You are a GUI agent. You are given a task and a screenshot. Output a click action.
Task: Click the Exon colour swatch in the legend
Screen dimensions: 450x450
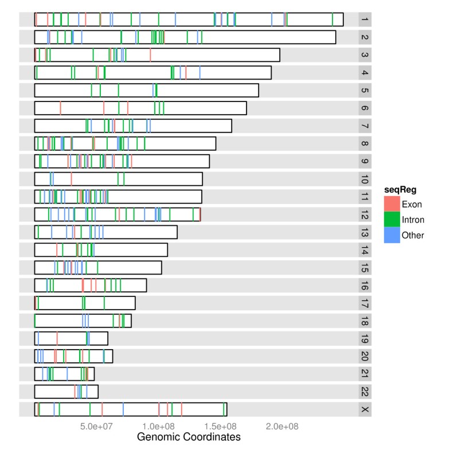coord(392,204)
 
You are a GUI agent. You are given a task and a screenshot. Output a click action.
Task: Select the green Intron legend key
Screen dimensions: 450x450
coord(392,219)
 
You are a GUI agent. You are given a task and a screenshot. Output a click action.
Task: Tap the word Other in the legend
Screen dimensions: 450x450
coord(412,234)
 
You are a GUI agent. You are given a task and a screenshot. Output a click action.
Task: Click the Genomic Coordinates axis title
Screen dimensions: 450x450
coord(189,437)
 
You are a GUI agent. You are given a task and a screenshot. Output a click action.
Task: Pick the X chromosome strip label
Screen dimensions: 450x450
coord(365,409)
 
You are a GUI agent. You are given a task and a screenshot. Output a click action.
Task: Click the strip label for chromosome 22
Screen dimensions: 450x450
coord(365,392)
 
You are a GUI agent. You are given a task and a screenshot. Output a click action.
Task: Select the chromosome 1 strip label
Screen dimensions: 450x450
coord(365,19)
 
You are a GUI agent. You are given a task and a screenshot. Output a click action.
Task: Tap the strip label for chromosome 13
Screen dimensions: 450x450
coord(365,232)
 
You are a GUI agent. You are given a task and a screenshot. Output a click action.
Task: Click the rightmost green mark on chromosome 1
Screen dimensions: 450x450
coord(332,19)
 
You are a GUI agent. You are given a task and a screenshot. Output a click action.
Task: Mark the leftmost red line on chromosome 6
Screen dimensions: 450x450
coord(60,108)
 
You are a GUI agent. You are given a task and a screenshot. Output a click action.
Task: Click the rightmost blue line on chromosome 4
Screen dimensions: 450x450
coord(199,73)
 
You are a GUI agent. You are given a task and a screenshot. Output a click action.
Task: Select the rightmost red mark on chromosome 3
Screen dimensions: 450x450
coord(150,55)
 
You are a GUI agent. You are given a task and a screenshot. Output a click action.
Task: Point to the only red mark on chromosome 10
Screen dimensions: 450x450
coord(71,179)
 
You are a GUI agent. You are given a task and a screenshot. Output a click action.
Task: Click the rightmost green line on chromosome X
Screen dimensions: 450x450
coord(224,409)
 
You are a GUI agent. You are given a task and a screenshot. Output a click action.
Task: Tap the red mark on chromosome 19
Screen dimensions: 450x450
coord(57,338)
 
